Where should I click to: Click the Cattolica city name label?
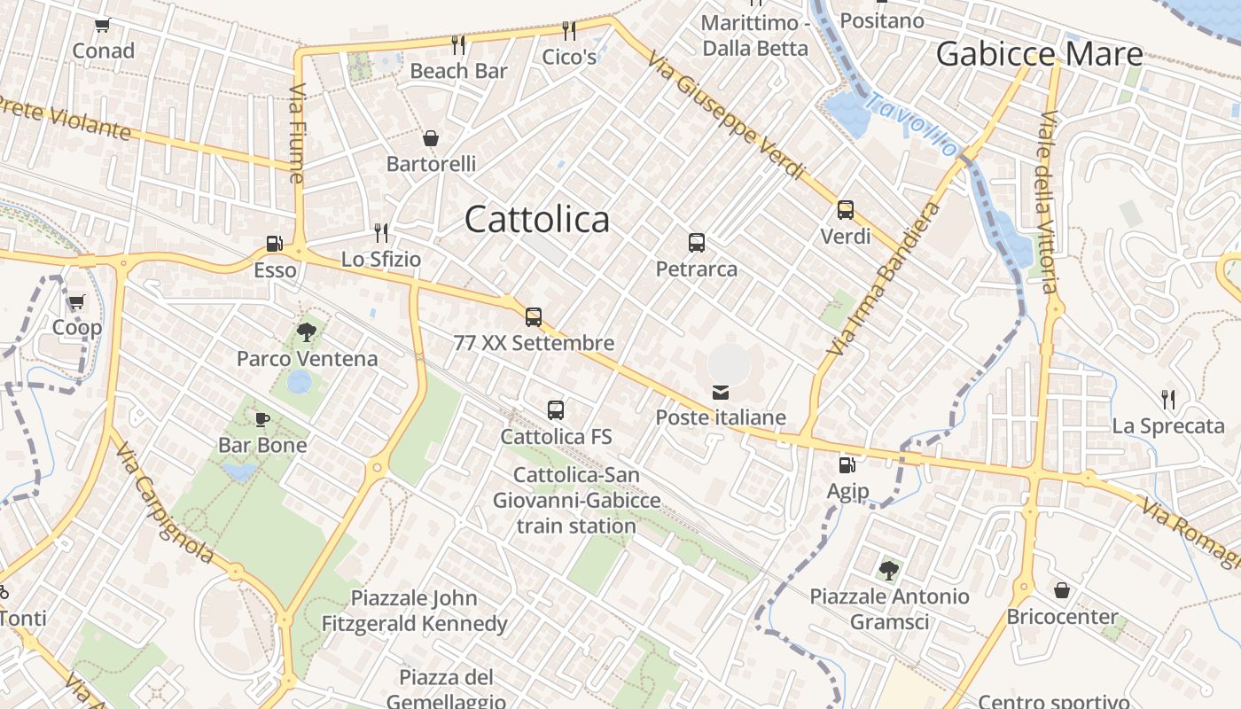pos(537,220)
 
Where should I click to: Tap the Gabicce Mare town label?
pos(1039,54)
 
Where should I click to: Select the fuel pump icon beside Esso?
pos(274,243)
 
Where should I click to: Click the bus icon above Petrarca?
pos(697,242)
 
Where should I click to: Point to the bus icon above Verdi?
pos(846,210)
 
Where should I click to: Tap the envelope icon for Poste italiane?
pos(721,392)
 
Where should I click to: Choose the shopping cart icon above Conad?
pos(103,25)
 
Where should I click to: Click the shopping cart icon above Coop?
pos(76,302)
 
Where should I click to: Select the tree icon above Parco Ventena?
pos(307,332)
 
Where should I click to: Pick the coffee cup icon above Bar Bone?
pos(262,419)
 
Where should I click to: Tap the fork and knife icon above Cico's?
pos(569,31)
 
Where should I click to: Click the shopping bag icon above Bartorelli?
pos(431,138)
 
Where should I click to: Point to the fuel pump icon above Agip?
pos(847,464)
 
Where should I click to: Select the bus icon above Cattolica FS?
pos(556,410)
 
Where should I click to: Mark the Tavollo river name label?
pos(912,123)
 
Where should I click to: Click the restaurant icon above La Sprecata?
pos(1168,400)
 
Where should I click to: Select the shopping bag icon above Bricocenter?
pos(1061,590)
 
